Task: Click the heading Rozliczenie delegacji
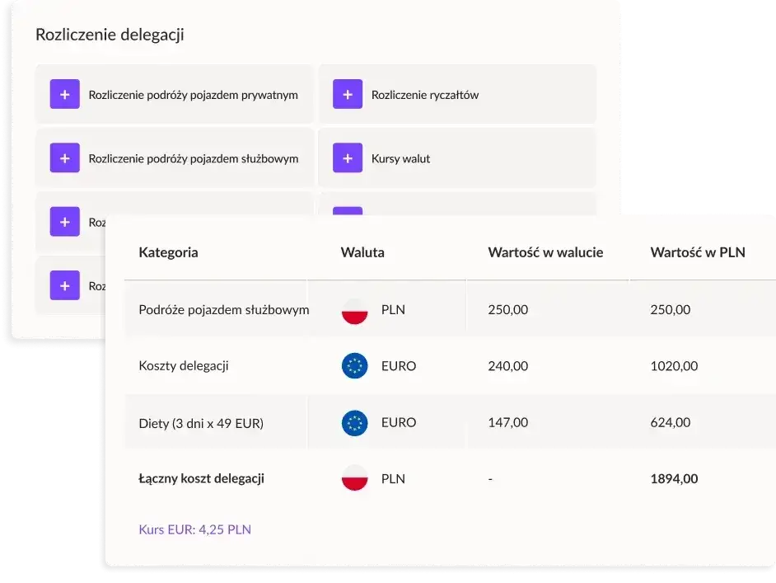point(110,35)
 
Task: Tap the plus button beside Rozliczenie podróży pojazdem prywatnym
point(64,95)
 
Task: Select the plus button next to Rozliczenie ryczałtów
point(348,95)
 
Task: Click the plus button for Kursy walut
point(348,158)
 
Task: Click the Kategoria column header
point(168,252)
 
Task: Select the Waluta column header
point(362,252)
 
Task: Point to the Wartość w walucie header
point(545,252)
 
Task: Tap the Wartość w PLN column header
point(698,252)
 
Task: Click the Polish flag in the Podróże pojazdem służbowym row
point(355,311)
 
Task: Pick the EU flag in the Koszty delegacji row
point(355,366)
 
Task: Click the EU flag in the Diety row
point(355,422)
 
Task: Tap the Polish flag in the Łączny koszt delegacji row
point(355,478)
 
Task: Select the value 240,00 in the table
point(508,366)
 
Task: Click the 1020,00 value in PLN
point(674,366)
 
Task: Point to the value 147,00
point(508,422)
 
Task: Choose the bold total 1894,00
point(674,478)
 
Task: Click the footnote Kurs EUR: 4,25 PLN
point(194,529)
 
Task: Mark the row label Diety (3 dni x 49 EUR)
point(202,423)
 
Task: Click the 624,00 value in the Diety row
point(671,422)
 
